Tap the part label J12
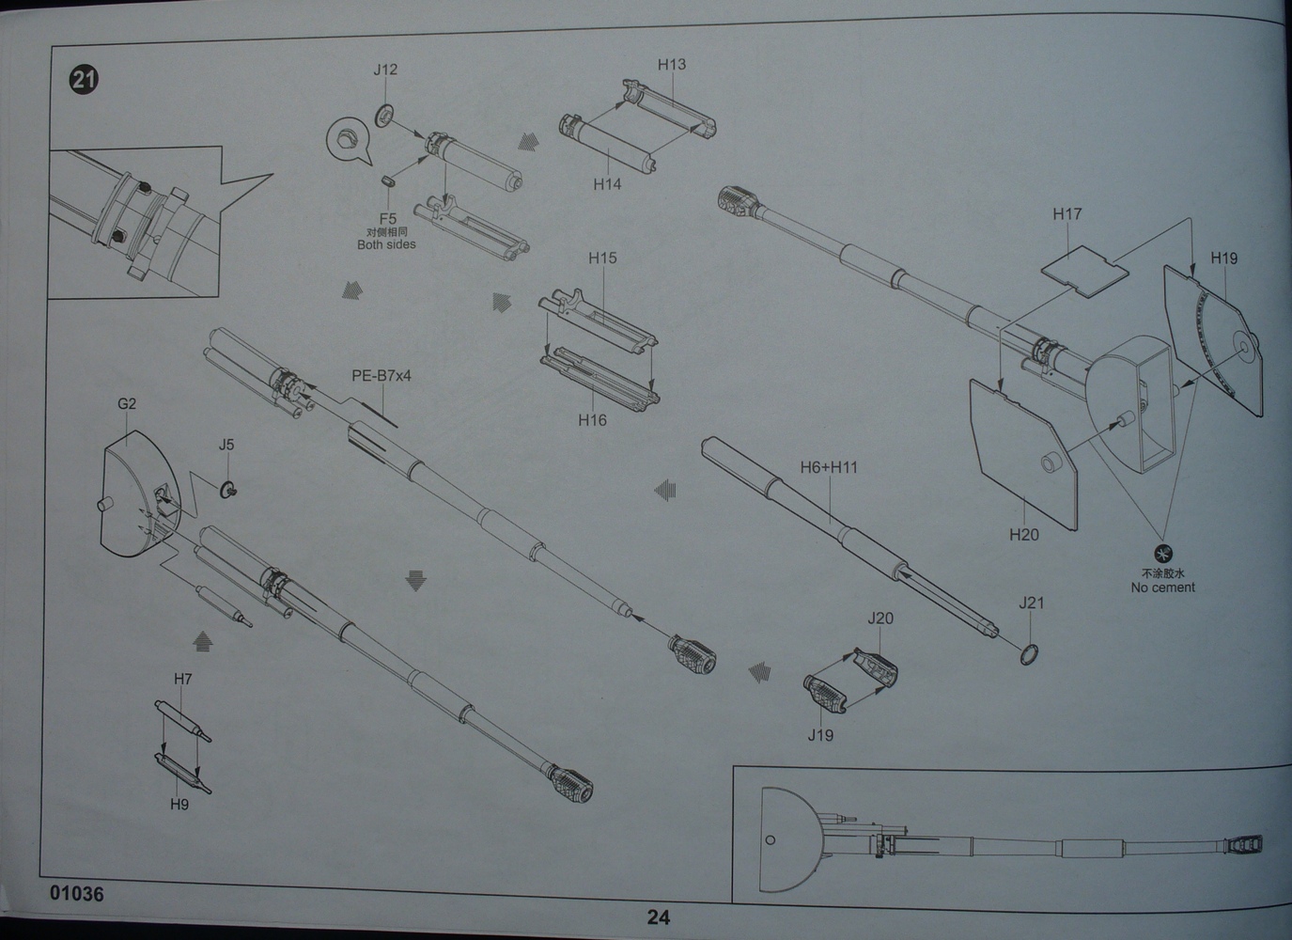(x=385, y=70)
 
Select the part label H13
(x=672, y=65)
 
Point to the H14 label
(x=607, y=184)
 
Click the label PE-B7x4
(x=381, y=376)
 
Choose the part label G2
(x=127, y=404)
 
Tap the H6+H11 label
(x=829, y=467)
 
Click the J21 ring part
(x=1029, y=654)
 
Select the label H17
(x=1067, y=214)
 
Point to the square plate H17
(x=1084, y=271)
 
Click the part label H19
(x=1223, y=258)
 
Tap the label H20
(x=1024, y=535)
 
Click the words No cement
(x=1162, y=587)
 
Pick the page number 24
(x=658, y=917)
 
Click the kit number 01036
(x=77, y=894)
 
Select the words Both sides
(x=386, y=245)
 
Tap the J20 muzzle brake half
(x=876, y=666)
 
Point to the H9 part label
(x=179, y=805)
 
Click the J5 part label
(x=226, y=446)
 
